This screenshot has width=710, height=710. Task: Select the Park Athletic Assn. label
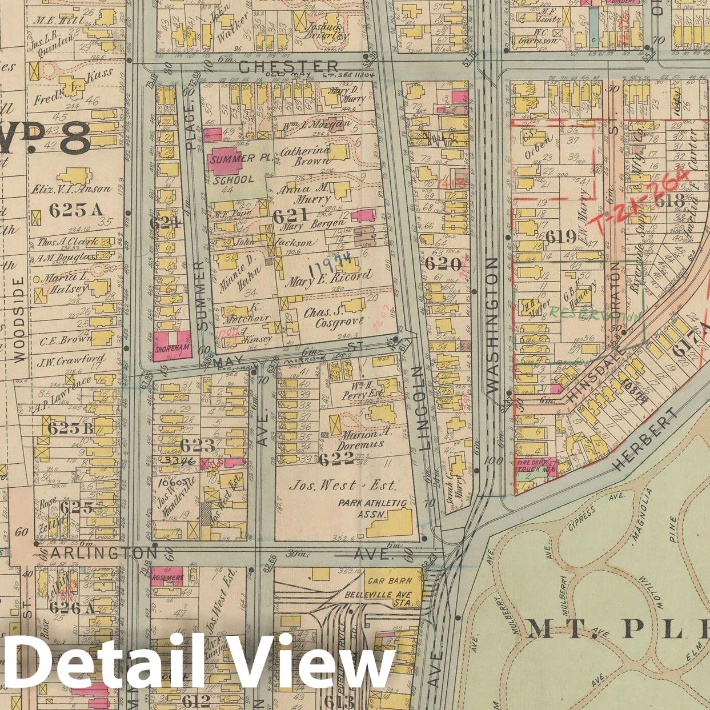pyautogui.click(x=372, y=508)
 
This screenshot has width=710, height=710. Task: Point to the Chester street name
pyautogui.click(x=288, y=67)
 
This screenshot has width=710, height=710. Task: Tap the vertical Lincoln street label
pyautogui.click(x=424, y=409)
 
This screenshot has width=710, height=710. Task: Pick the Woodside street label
pyautogui.click(x=19, y=319)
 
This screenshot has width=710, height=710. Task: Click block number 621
pyautogui.click(x=290, y=215)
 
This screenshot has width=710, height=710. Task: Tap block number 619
pyautogui.click(x=561, y=236)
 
